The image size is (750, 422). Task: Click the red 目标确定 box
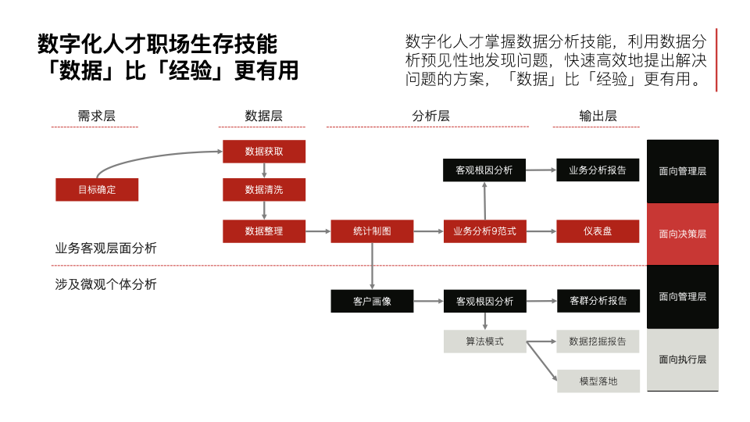97,189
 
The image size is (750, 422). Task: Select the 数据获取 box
264,152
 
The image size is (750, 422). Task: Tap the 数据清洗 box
264,189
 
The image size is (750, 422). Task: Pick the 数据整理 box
264,231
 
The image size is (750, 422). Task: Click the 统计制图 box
372,231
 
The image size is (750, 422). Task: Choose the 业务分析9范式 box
484,231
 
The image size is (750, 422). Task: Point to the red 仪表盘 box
598,231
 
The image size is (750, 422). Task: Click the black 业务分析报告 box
598,170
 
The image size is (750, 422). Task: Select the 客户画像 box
372,301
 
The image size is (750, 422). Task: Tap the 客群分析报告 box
598,301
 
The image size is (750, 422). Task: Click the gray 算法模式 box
484,342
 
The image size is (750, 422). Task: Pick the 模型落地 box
598,381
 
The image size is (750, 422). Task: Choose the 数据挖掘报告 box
598,342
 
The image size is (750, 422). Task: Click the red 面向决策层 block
682,234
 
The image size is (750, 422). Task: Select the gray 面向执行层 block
682,359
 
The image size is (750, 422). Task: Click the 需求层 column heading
96,116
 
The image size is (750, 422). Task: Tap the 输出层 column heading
598,116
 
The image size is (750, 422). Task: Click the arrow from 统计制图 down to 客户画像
372,266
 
